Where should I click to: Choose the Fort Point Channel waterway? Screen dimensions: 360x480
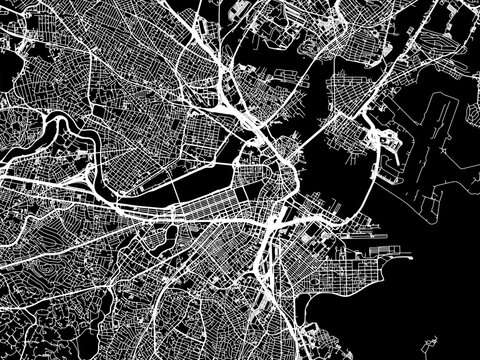(x=285, y=215)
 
